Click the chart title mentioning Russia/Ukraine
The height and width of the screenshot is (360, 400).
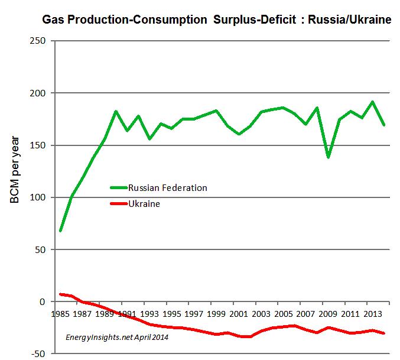tap(217, 20)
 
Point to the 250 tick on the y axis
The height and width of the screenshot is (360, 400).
tap(39, 41)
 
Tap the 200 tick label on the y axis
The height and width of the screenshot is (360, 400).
tap(39, 93)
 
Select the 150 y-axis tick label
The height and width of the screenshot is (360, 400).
tap(39, 145)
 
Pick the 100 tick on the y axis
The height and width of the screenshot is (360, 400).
tap(39, 197)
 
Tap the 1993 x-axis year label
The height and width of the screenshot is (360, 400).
tap(150, 313)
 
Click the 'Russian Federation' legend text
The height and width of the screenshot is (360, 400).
tap(167, 188)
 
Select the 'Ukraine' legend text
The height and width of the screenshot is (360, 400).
tap(144, 204)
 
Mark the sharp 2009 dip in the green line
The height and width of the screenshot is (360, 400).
tap(327, 157)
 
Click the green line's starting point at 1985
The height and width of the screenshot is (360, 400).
tap(61, 231)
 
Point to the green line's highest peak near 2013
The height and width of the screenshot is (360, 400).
tap(372, 102)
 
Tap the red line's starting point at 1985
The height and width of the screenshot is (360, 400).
tap(61, 294)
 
